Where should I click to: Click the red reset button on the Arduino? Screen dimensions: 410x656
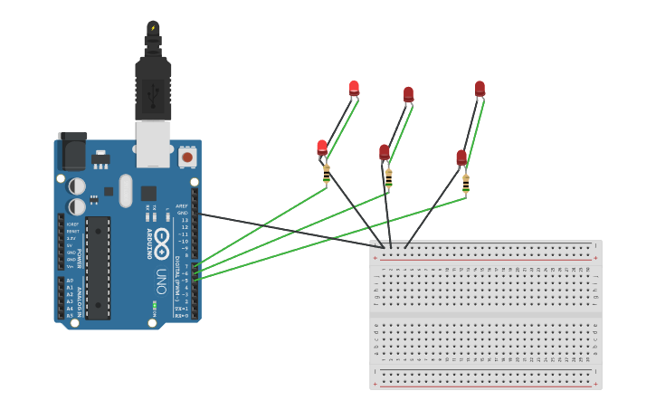(187, 157)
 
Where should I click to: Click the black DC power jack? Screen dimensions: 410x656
(72, 151)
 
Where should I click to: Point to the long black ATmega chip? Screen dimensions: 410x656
(98, 267)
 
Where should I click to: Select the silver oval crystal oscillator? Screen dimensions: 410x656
(125, 191)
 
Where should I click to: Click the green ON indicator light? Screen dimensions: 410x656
(154, 305)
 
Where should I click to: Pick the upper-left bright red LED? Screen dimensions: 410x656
(354, 88)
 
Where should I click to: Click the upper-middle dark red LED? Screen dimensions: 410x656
(408, 93)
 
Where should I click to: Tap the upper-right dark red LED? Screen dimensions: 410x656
(480, 88)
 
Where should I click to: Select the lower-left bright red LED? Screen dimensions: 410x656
(321, 147)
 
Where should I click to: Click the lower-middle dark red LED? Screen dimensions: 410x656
(385, 151)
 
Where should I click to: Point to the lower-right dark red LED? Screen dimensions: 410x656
(461, 157)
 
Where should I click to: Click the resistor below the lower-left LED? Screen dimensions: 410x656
(327, 173)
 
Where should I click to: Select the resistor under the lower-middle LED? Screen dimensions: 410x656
(388, 177)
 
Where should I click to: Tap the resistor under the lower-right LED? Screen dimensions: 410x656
(466, 183)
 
